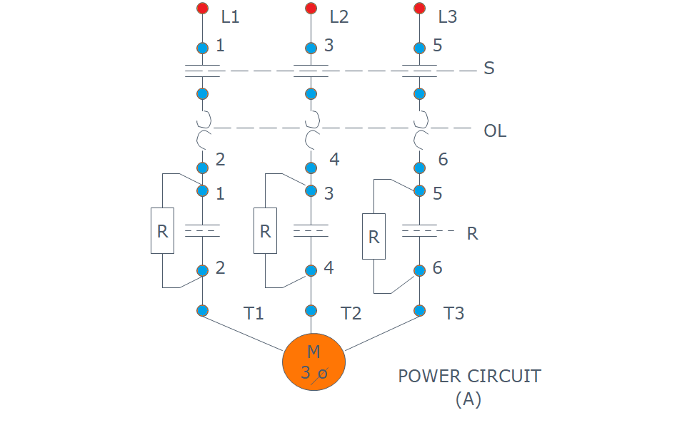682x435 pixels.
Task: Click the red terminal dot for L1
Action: click(x=202, y=9)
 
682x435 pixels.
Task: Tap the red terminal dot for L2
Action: click(x=311, y=9)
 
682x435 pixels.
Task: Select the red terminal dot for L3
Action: click(x=420, y=9)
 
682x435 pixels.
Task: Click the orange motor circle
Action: click(x=314, y=362)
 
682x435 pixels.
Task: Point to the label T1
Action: click(x=254, y=313)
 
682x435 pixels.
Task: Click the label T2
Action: click(x=351, y=313)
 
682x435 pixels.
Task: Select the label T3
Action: click(x=454, y=313)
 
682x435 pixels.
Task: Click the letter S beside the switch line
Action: click(x=489, y=68)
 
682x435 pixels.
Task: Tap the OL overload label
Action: click(x=495, y=131)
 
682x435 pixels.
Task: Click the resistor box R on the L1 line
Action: click(x=162, y=230)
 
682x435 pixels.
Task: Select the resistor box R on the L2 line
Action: click(x=266, y=230)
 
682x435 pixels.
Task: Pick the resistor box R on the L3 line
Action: click(x=373, y=236)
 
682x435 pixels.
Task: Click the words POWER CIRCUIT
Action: click(x=469, y=376)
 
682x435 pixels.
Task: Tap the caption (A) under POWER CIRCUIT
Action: click(x=468, y=399)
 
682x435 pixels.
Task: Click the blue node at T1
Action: click(x=202, y=310)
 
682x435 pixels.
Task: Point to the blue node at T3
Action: click(x=420, y=310)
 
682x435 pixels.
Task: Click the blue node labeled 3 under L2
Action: click(x=311, y=48)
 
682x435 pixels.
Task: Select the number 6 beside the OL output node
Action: click(x=443, y=160)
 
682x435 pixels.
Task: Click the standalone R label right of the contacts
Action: click(x=472, y=233)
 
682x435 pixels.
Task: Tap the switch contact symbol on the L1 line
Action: click(x=202, y=71)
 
